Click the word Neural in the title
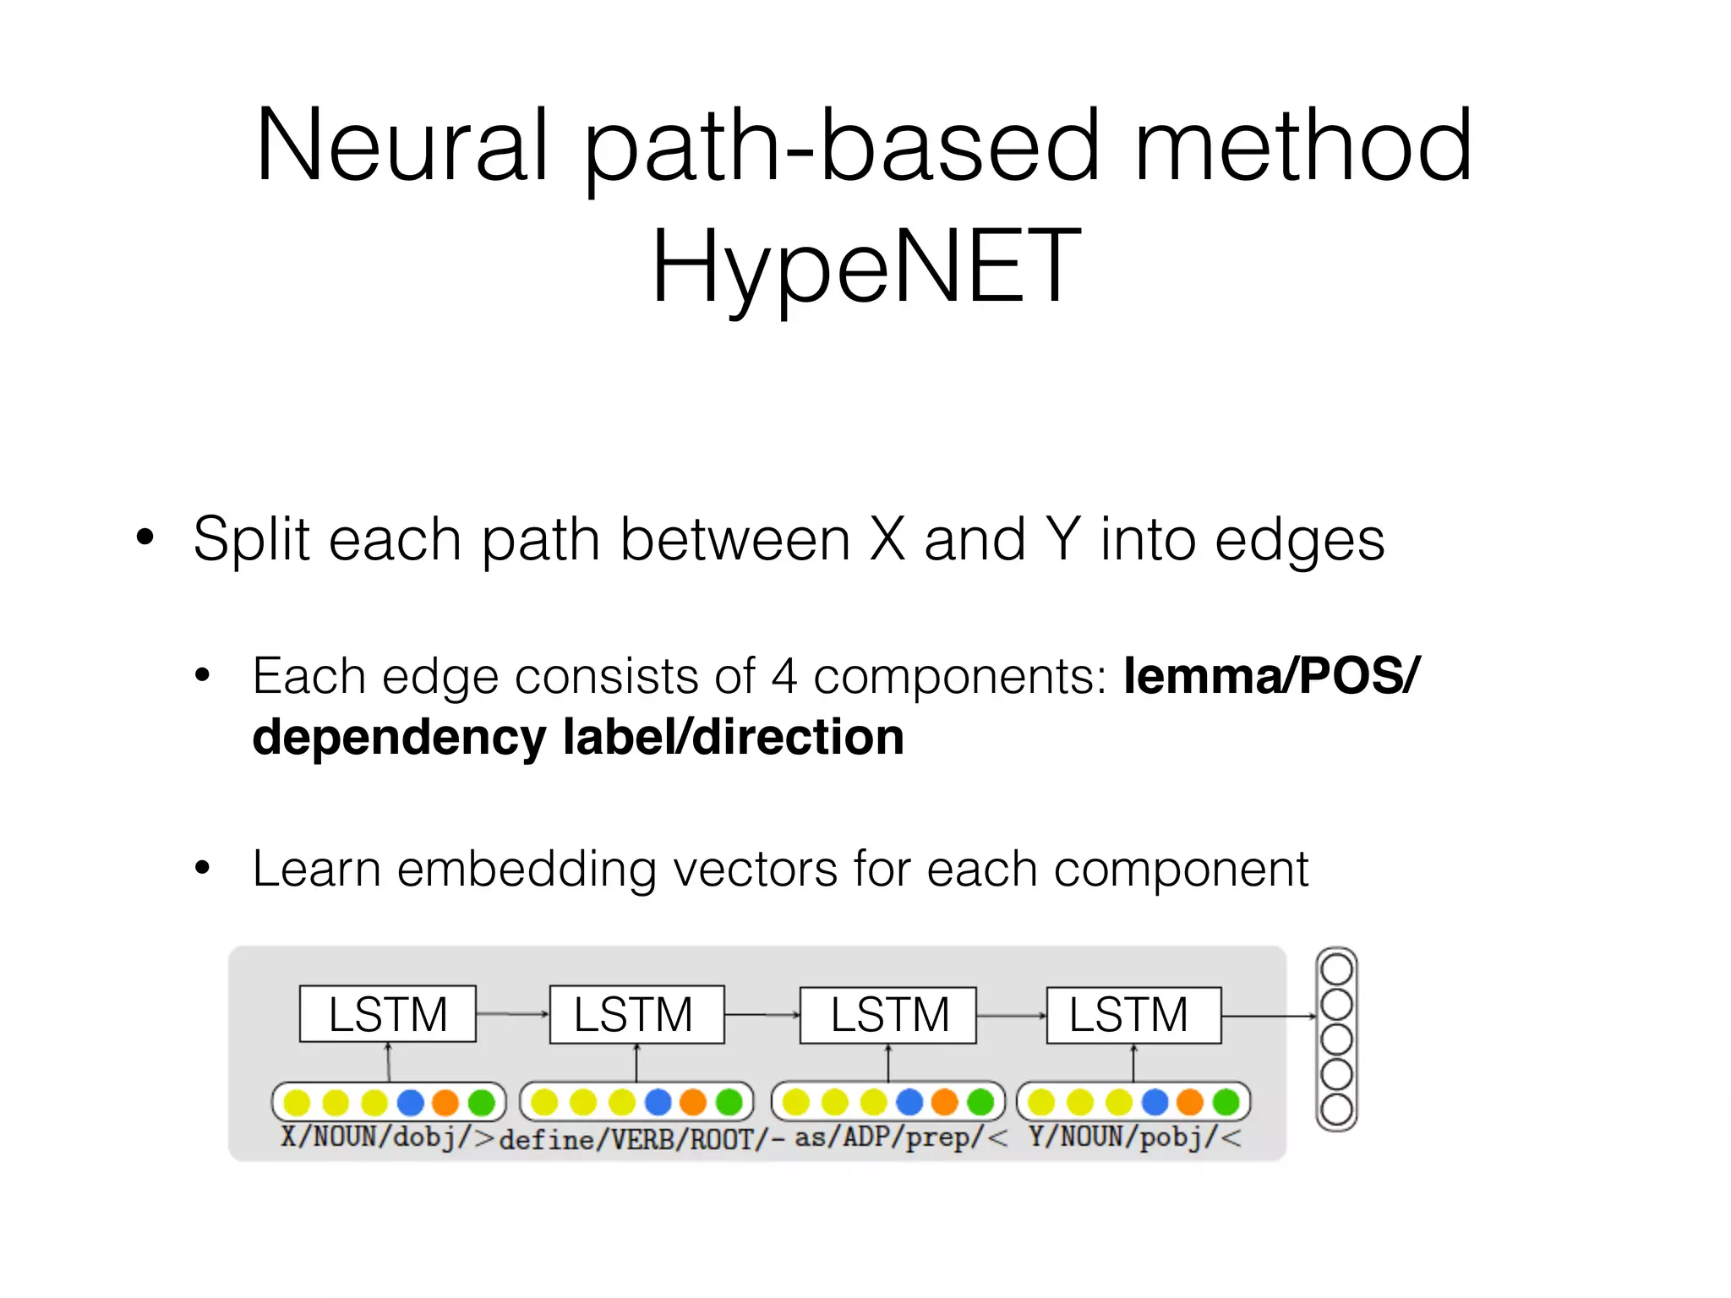click(x=402, y=145)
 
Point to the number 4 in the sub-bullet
click(x=784, y=676)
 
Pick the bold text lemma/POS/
click(x=1271, y=676)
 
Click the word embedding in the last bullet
click(x=527, y=869)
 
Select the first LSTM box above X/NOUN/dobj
click(x=388, y=1014)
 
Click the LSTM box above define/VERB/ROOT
click(x=636, y=1014)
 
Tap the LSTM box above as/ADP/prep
click(x=888, y=1015)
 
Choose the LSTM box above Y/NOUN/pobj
click(x=1133, y=1015)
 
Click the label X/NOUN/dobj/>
click(x=388, y=1137)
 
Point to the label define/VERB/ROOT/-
click(x=642, y=1140)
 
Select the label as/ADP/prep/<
click(x=900, y=1137)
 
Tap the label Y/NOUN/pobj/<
click(x=1135, y=1137)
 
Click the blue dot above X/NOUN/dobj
click(x=410, y=1102)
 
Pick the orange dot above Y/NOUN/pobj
click(x=1189, y=1102)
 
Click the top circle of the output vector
click(x=1336, y=969)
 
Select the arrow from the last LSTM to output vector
click(x=1268, y=1016)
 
